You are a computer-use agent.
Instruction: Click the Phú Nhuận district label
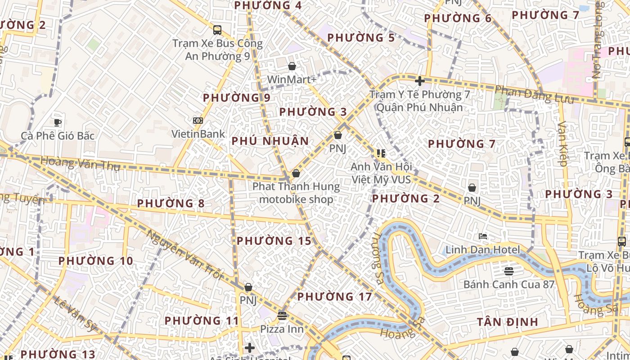click(270, 141)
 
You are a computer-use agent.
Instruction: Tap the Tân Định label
click(507, 322)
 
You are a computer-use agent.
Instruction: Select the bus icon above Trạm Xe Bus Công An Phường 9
click(217, 30)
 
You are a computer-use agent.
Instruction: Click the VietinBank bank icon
click(198, 121)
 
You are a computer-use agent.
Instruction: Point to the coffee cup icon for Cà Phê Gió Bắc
click(58, 122)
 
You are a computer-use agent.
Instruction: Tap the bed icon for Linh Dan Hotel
click(483, 236)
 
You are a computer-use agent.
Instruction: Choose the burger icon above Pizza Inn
click(282, 315)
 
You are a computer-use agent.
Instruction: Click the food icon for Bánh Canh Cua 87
click(509, 271)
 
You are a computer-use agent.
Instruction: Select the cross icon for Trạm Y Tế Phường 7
click(420, 81)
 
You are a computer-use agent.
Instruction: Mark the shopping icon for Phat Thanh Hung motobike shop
click(296, 173)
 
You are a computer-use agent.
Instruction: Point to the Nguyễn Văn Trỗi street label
click(184, 255)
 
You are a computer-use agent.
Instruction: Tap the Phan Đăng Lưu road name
click(534, 94)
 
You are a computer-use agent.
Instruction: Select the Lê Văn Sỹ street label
click(75, 314)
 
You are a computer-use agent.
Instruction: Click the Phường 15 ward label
click(274, 241)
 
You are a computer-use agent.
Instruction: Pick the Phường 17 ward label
click(334, 297)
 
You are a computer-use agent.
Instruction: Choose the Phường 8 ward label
click(171, 203)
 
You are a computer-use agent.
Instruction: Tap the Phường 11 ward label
click(201, 321)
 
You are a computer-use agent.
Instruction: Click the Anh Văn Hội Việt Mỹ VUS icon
click(381, 153)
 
